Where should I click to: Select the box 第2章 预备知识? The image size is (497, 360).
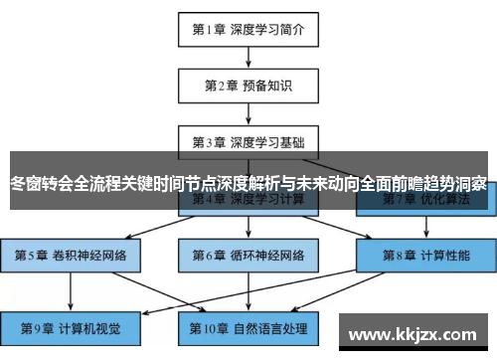click(x=248, y=86)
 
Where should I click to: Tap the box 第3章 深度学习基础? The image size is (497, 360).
click(x=248, y=141)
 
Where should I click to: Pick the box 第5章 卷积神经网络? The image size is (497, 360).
click(x=71, y=255)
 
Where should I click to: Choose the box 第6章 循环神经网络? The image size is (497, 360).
click(x=248, y=255)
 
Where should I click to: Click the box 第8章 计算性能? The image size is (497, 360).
click(x=422, y=255)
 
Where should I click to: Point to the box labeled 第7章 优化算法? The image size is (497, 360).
click(x=422, y=199)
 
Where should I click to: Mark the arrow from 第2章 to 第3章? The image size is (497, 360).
click(x=248, y=113)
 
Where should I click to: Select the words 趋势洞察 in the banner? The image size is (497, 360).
click(x=453, y=183)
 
